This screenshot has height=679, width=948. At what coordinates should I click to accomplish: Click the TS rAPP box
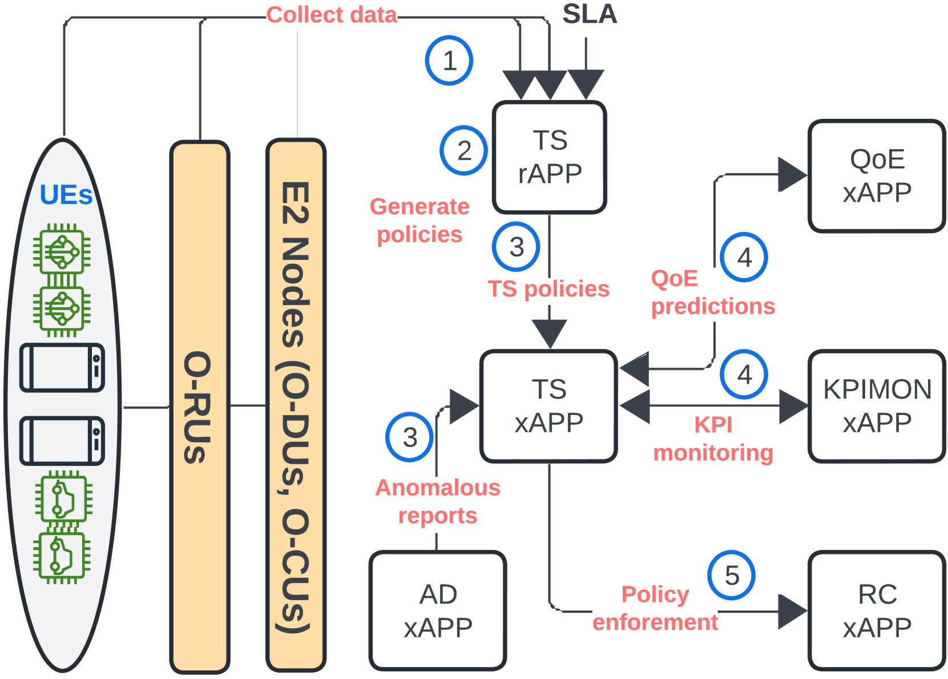[x=549, y=157]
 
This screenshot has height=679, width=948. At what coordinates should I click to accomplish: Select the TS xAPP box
[x=548, y=406]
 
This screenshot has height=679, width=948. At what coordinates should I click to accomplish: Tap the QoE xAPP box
[x=877, y=176]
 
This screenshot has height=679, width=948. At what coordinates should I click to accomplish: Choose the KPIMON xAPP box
[x=877, y=406]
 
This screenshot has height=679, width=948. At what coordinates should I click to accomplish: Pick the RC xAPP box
[x=877, y=610]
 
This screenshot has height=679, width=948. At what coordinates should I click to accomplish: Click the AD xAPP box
[x=438, y=610]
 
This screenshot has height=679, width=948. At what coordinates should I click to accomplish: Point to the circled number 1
[x=449, y=60]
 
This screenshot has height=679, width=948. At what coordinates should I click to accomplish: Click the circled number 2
[x=464, y=150]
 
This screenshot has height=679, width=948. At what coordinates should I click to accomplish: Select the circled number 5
[x=731, y=575]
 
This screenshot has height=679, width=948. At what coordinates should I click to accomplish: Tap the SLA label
[x=590, y=14]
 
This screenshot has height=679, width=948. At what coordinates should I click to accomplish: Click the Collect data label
[x=332, y=15]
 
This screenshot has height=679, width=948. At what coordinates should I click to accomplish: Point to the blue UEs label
[x=66, y=195]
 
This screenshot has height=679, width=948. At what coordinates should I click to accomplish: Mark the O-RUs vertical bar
[x=200, y=407]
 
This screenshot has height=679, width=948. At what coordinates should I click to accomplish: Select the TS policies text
[x=548, y=289]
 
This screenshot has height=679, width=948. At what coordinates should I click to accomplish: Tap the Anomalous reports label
[x=438, y=501]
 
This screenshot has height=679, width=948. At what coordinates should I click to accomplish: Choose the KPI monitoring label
[x=713, y=439]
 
